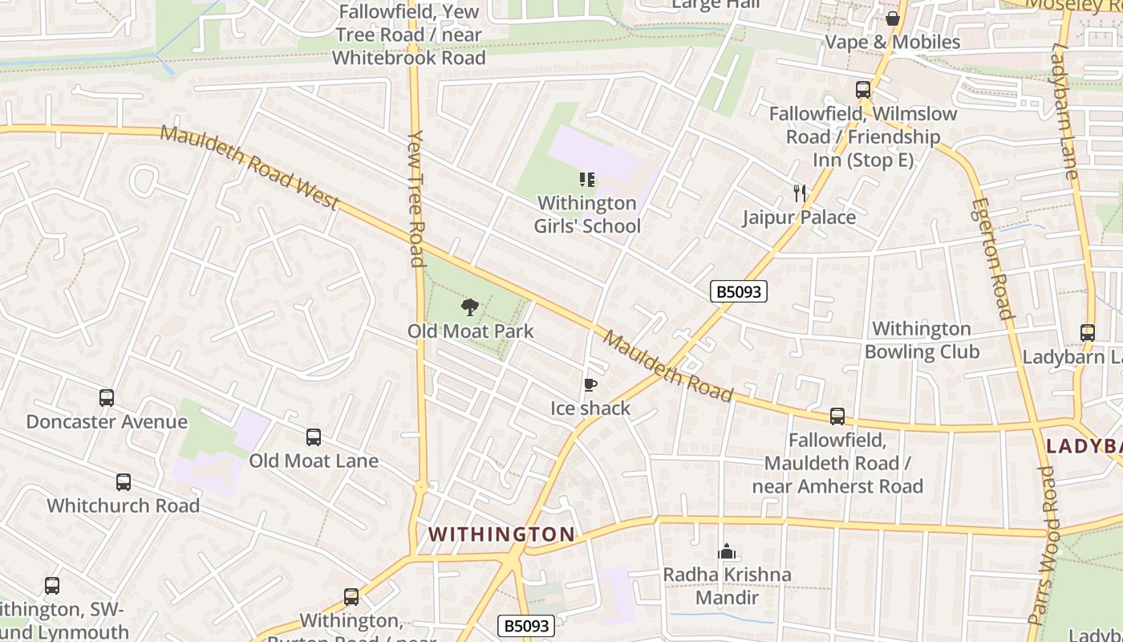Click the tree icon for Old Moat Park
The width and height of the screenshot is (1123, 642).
click(470, 307)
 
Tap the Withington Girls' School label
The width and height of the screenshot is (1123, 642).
click(587, 214)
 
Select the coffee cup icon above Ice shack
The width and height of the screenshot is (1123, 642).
click(590, 385)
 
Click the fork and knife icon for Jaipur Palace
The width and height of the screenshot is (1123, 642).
click(799, 193)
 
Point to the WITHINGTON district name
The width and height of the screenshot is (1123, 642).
click(501, 534)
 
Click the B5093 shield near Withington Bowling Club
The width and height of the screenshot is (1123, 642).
click(738, 291)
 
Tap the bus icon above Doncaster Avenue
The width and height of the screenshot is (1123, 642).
click(107, 398)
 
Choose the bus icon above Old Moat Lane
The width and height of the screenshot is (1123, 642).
click(314, 437)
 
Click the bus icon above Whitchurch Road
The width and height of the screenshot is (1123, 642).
click(124, 482)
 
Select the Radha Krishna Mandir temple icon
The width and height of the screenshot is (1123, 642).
click(727, 551)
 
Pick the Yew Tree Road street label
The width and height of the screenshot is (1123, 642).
click(416, 198)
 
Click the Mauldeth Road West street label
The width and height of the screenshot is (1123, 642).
click(249, 167)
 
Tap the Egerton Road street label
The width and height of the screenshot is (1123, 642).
click(991, 258)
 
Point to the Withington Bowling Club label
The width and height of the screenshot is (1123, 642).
click(922, 340)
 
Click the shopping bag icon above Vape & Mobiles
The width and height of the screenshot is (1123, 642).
click(893, 18)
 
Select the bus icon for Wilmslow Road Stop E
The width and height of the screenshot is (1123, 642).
click(863, 90)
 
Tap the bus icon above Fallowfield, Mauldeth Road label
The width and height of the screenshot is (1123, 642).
click(837, 416)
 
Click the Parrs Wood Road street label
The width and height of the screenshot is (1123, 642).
click(1046, 546)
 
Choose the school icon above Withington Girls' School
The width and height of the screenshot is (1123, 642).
click(587, 180)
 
